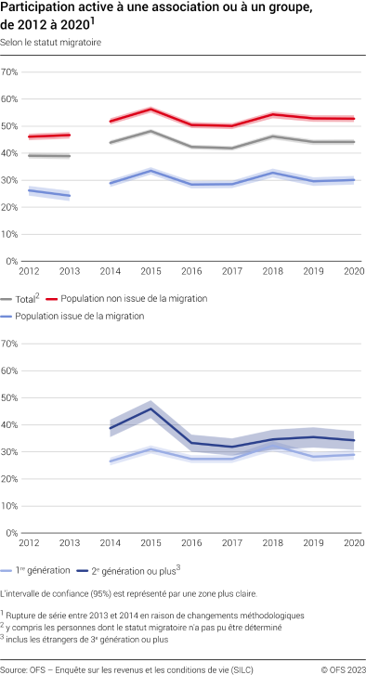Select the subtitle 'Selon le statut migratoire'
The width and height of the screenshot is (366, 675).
pos(52,43)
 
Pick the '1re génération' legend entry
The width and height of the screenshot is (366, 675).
pos(48,570)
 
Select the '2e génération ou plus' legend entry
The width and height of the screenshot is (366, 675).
pos(143,570)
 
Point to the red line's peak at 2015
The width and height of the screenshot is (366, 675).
pos(150,109)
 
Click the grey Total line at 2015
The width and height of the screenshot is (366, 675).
pos(150,131)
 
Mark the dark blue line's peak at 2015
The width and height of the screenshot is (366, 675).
pos(150,409)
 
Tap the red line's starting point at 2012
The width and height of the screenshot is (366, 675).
pos(30,136)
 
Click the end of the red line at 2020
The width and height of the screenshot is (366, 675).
pos(353,118)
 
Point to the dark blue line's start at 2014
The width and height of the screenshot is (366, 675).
pos(111,427)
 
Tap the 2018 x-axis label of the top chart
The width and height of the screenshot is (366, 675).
pos(272,270)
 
